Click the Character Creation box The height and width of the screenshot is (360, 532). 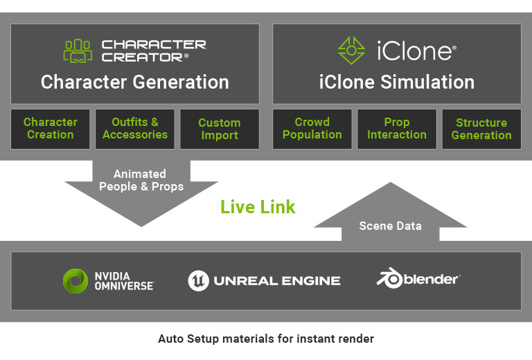(50, 129)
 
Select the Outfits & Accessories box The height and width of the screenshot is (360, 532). (134, 129)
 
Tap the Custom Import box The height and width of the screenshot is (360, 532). (219, 129)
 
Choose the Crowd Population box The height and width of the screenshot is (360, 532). (312, 129)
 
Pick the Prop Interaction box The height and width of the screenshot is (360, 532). (396, 129)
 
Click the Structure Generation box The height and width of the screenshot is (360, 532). (481, 129)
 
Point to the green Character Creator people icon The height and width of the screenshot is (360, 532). (78, 51)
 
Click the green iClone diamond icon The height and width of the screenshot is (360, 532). (351, 51)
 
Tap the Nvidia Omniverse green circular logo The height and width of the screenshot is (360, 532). (75, 280)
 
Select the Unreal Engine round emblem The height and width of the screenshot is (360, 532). (199, 280)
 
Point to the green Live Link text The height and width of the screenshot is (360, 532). (258, 207)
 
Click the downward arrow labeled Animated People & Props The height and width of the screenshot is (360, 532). (141, 190)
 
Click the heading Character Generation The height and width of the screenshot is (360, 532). (134, 82)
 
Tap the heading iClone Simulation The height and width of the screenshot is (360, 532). (396, 82)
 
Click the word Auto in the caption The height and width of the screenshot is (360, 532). (170, 339)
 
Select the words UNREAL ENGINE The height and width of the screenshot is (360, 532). (277, 281)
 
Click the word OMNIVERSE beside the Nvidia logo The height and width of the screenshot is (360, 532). (123, 285)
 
